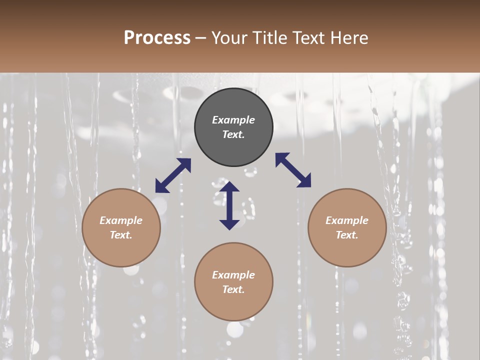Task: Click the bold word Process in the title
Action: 157,38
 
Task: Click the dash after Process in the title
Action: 201,38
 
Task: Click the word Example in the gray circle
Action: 233,120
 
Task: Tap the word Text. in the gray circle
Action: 233,134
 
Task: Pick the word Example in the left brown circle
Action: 121,220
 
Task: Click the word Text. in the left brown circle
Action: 121,235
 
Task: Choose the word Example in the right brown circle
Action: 347,220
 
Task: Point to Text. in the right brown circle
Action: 347,235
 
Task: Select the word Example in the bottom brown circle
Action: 233,275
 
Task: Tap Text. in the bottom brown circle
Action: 233,289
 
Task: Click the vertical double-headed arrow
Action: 229,205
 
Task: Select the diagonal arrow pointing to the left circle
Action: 173,175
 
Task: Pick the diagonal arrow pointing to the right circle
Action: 293,170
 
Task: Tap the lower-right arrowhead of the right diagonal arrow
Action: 305,181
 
